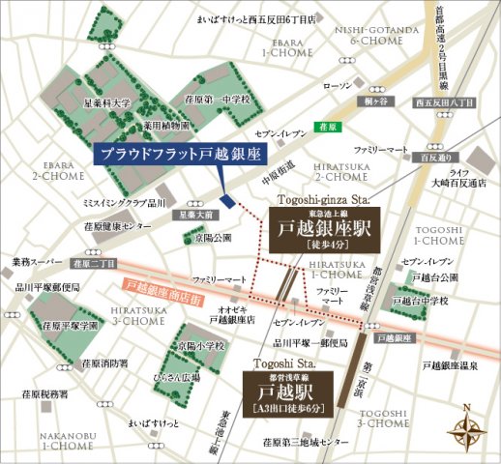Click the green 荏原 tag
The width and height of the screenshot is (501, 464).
(328, 126)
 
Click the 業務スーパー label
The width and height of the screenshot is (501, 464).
(35, 261)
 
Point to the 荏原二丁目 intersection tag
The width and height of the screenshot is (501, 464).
(95, 262)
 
